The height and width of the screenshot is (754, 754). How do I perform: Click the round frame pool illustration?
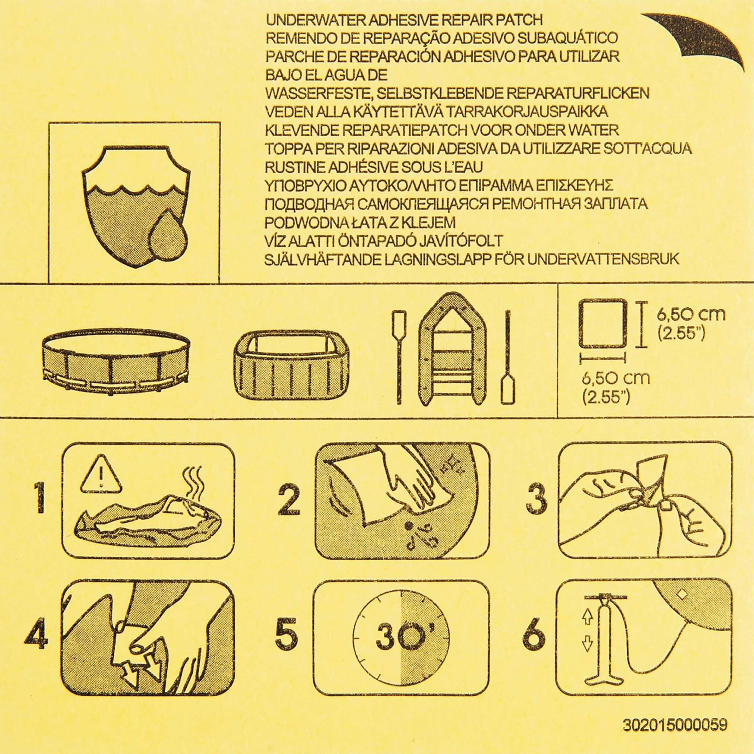tap(116, 360)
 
